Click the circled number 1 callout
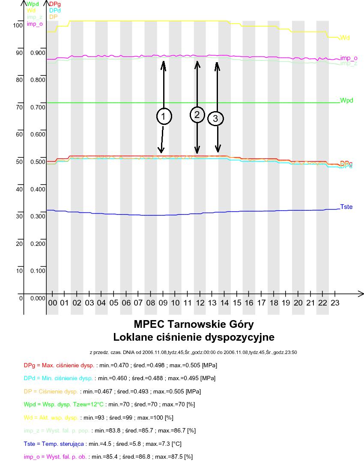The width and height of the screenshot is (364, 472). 164,116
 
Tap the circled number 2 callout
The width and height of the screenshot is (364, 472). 197,115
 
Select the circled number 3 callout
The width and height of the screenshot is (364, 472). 215,118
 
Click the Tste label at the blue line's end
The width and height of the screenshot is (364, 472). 346,207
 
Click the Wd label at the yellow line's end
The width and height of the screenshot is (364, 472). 345,38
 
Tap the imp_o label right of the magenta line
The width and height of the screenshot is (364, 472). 349,58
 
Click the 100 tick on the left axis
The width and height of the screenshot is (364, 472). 18,25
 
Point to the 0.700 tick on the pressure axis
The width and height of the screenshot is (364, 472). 38,107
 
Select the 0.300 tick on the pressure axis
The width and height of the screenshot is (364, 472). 38,216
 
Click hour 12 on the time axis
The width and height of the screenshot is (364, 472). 200,303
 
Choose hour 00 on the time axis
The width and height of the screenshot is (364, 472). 52,303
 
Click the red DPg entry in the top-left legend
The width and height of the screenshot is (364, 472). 54,4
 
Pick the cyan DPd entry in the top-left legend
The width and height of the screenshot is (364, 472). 54,10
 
